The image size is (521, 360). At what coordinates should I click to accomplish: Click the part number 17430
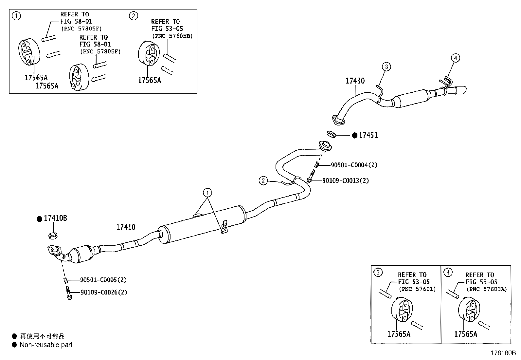[355, 81]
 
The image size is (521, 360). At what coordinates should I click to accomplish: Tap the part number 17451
[368, 135]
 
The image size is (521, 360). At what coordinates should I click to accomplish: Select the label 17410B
[55, 218]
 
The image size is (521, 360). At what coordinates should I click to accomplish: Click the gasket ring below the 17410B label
[53, 236]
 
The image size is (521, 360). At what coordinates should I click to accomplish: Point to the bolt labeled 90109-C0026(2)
[69, 293]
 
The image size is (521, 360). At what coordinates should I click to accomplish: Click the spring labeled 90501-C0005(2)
[66, 280]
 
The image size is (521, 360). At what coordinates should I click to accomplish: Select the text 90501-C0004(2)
[354, 165]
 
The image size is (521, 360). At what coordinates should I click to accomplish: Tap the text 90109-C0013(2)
[345, 180]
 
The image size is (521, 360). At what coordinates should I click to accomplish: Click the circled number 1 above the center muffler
[207, 193]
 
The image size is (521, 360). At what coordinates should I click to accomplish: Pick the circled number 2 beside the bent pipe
[263, 180]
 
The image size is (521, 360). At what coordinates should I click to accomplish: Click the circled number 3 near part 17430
[386, 66]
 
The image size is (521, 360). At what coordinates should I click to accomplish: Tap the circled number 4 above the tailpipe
[456, 58]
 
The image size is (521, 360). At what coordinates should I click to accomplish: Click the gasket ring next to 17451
[332, 134]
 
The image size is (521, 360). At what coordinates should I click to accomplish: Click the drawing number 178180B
[503, 353]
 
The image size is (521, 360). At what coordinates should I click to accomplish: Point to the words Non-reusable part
[46, 345]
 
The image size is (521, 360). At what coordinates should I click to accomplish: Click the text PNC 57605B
[172, 36]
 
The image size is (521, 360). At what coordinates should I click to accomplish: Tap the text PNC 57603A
[487, 289]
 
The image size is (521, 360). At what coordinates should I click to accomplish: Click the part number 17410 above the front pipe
[126, 227]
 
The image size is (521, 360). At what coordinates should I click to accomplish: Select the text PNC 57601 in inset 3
[417, 289]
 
